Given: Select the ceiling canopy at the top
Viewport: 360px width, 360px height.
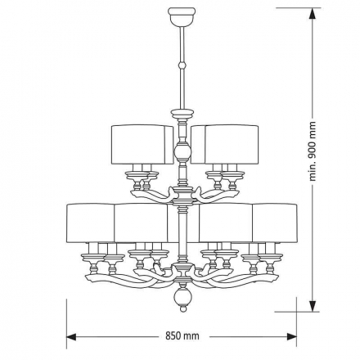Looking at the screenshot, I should (182, 15).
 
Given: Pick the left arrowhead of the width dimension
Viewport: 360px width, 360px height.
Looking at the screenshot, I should (70, 336).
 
